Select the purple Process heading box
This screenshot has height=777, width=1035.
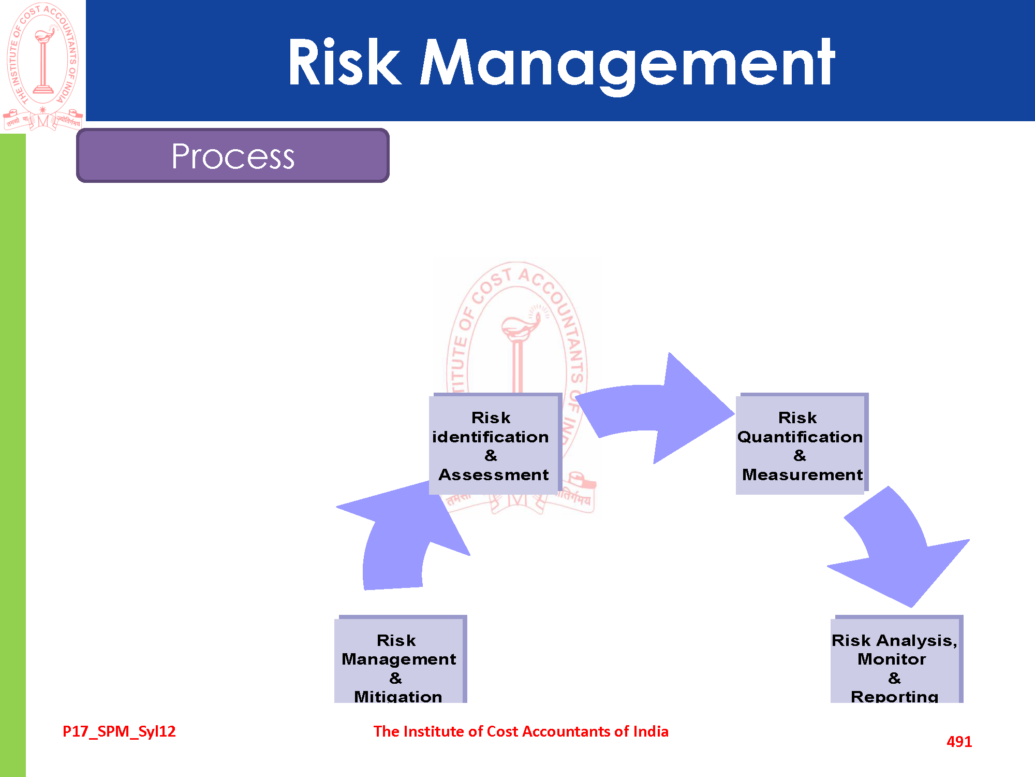click(233, 155)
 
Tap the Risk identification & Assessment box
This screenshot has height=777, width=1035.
click(494, 444)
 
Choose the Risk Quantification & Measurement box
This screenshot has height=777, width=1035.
click(801, 444)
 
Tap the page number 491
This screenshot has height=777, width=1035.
click(959, 742)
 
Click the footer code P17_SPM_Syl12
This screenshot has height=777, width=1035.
click(119, 731)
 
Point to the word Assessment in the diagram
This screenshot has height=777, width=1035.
click(494, 474)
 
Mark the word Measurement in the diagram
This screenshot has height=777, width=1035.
click(802, 474)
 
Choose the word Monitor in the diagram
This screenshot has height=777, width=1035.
click(892, 659)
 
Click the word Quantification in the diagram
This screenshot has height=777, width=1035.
click(800, 437)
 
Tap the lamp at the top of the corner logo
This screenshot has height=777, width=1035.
click(45, 36)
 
